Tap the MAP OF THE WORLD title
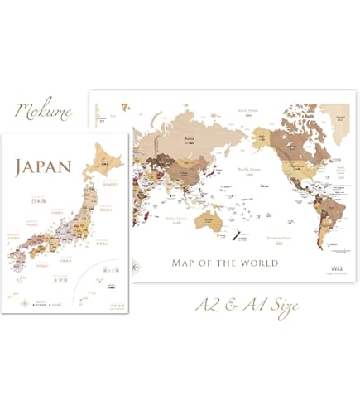pyautogui.click(x=223, y=263)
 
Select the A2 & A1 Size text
pyautogui.click(x=247, y=305)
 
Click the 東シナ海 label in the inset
pyautogui.click(x=111, y=271)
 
